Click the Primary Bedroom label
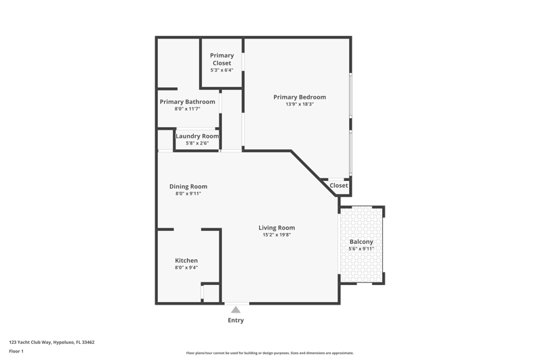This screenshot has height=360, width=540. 300,97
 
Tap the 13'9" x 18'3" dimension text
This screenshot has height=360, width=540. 300,105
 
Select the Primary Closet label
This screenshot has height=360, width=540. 222,59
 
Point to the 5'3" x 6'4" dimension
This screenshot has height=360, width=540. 222,70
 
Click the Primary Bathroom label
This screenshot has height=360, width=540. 188,101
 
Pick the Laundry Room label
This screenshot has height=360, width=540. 197,136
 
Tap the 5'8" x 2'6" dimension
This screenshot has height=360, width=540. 197,143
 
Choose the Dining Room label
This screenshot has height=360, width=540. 188,186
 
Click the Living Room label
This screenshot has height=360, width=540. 277,228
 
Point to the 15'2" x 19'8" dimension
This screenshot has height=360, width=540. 277,235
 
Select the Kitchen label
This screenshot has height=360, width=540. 186,261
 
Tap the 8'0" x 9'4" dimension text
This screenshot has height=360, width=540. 186,267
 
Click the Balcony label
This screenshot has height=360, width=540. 361,242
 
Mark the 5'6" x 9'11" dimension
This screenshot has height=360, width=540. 361,249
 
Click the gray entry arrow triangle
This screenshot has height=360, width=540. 236,310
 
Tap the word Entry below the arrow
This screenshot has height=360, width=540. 236,320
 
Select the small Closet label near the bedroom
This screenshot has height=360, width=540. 339,185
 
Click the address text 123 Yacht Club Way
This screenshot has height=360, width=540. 30,342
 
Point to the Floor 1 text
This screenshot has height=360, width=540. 16,351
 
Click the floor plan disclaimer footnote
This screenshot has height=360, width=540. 270,353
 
